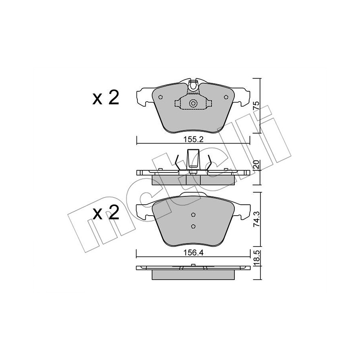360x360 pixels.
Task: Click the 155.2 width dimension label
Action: [193, 139]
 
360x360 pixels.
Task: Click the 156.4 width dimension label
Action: [193, 253]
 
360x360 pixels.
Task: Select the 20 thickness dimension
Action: [256, 165]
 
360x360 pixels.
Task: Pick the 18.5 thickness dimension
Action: [257, 258]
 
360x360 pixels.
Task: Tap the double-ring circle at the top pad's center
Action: [193, 103]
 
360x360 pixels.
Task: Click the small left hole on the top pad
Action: [160, 97]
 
